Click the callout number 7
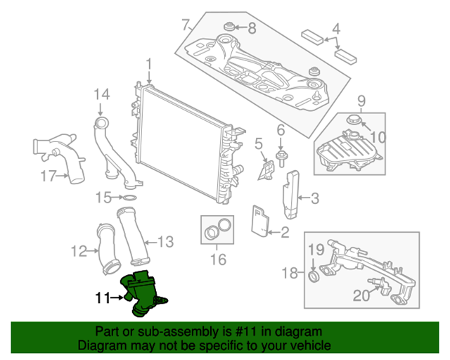coord(186,25)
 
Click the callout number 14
coord(103,94)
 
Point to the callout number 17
coord(47,176)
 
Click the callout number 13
coord(164,243)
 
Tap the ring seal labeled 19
coord(314,272)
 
